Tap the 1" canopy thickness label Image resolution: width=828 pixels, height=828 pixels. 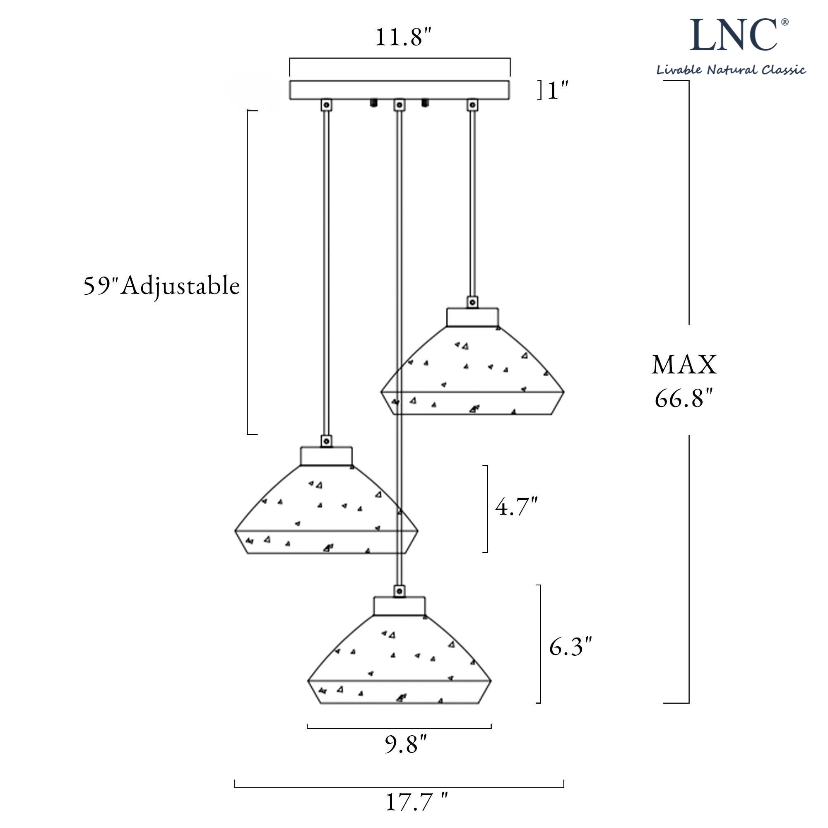pos(558,90)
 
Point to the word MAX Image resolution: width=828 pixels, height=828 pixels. pos(684,365)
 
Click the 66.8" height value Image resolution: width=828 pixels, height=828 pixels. pos(684,398)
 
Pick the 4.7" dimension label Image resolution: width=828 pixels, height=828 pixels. pos(516,507)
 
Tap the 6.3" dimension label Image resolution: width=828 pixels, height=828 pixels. pos(570,647)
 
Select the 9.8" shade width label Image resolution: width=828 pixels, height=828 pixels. pos(405,744)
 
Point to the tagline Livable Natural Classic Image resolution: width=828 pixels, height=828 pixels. pos(731,70)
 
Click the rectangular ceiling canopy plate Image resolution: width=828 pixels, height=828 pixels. pos(400,90)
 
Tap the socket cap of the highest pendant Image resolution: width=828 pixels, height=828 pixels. pos(472,317)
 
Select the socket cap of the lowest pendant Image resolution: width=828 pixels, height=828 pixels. pos(400,606)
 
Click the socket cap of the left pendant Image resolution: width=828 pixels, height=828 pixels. pos(326,456)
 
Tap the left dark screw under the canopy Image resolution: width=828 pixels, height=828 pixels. pos(374,103)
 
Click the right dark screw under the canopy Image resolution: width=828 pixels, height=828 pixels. pos(425,103)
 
